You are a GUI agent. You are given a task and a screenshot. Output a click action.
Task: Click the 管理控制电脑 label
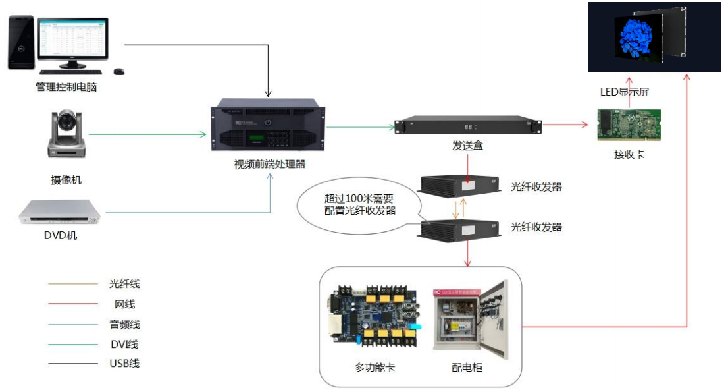[x=66, y=86]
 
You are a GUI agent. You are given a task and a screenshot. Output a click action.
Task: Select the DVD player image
[x=60, y=211]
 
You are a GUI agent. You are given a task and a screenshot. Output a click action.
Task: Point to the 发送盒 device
[x=467, y=126]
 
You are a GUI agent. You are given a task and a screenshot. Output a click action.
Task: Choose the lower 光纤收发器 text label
[x=536, y=227]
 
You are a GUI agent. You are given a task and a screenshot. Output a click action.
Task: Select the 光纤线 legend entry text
[x=124, y=284]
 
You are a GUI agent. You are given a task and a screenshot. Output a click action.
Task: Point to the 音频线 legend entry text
[x=124, y=324]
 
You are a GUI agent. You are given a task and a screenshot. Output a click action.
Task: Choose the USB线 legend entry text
[x=124, y=363]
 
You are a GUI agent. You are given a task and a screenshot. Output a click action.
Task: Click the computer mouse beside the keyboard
[x=119, y=71]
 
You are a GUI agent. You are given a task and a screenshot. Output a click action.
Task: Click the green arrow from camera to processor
[x=148, y=134]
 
